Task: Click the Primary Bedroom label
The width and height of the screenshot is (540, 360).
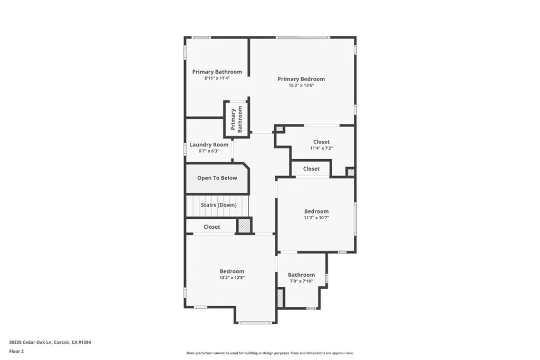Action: (301, 79)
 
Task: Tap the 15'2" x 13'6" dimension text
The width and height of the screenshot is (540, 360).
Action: (301, 85)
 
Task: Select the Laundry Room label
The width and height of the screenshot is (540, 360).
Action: (209, 144)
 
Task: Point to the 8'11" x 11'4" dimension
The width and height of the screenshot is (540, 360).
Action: (217, 78)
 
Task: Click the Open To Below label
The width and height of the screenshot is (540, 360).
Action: (217, 178)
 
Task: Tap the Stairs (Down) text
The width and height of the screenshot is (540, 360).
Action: (218, 205)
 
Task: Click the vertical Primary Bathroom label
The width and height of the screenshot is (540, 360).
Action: (236, 119)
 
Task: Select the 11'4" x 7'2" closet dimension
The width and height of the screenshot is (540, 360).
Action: (321, 148)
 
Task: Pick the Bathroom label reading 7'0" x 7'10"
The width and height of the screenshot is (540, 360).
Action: (301, 275)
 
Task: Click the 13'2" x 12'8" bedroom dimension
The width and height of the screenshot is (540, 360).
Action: (232, 277)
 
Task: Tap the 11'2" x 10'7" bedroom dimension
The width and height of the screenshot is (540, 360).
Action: (316, 218)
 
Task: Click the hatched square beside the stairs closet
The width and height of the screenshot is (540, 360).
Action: (244, 226)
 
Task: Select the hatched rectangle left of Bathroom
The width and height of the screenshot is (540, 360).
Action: (280, 298)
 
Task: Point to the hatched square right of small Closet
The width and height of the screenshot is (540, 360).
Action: (350, 172)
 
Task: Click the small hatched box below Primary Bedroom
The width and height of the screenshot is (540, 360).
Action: (279, 129)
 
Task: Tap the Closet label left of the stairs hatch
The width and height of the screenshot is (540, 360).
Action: (211, 227)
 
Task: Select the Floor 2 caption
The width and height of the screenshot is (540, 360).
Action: (16, 351)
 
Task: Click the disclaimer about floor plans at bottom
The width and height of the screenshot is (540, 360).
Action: (269, 353)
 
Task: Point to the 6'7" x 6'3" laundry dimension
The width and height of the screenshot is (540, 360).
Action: (209, 151)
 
